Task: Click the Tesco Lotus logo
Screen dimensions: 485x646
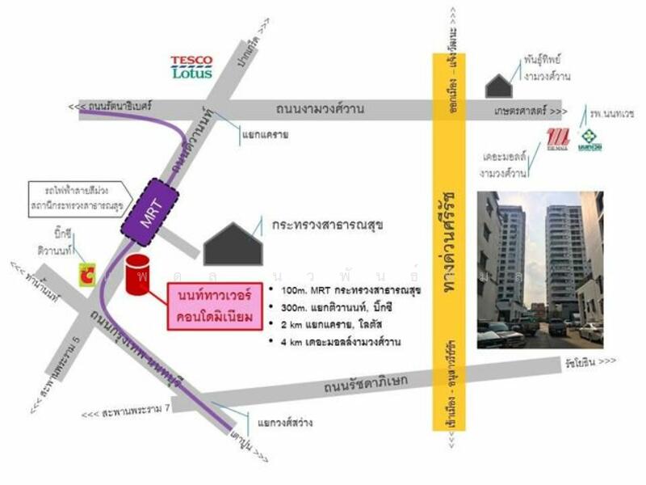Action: pos(191,67)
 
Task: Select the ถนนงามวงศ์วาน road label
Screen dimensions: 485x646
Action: pos(321,108)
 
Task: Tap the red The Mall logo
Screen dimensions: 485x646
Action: pos(559,140)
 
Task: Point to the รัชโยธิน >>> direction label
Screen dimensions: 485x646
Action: pos(590,361)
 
